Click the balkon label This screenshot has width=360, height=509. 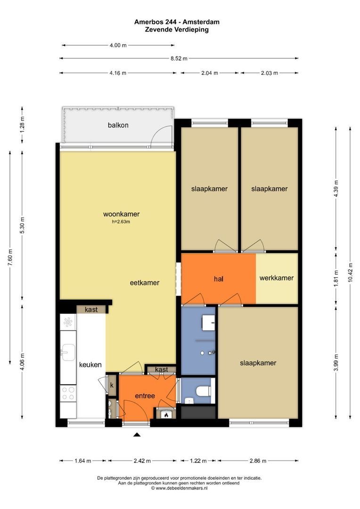coord(118,125)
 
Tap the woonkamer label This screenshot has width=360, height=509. coord(122,214)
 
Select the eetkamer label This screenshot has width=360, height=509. coord(145,283)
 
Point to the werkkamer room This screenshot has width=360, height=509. coord(277,278)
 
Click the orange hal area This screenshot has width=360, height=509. coord(219,279)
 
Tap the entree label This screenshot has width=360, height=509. coord(145,396)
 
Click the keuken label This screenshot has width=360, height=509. coord(90,365)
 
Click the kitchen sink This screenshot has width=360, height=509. coord(68,352)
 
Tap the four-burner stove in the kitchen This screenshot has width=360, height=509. coord(68,393)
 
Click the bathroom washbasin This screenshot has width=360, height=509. coord(208,322)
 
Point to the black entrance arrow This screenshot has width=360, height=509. coord(137,435)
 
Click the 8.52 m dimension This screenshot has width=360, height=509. coord(179,58)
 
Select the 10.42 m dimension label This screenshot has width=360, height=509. coord(350,273)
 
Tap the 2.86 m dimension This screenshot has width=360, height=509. coord(258,460)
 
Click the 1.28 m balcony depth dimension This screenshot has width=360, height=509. coord(22,124)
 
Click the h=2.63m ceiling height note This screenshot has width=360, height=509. coord(121,222)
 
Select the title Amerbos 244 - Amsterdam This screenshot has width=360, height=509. coord(177,22)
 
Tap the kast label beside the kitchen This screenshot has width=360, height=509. coord(91,310)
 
